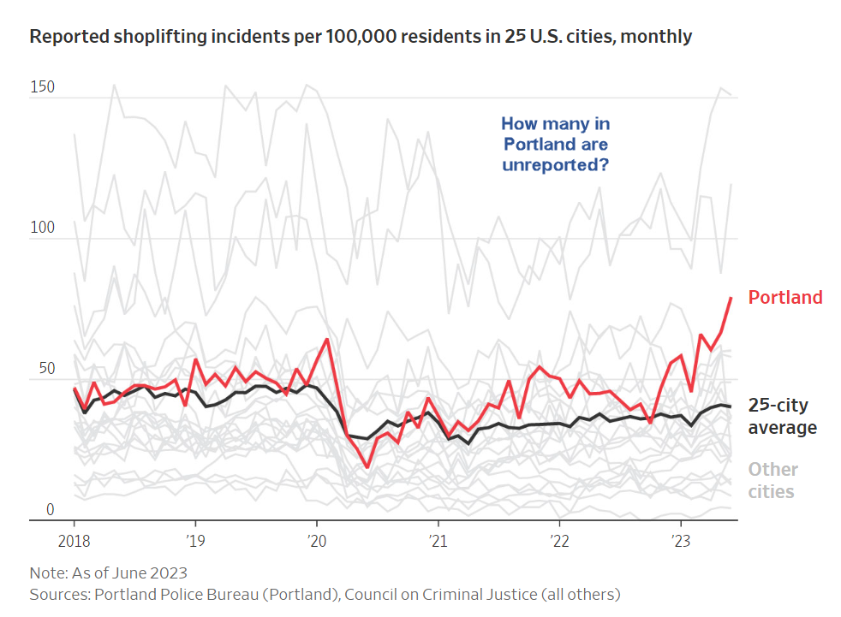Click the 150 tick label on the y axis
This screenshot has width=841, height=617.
tap(41, 87)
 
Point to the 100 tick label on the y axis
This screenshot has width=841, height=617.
tap(41, 228)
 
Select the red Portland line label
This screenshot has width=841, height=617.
tap(784, 298)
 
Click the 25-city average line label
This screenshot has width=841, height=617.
tap(782, 416)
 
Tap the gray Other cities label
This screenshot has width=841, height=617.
tap(772, 480)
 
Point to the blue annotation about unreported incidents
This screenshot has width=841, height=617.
tap(555, 144)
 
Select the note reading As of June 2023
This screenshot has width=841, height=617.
tap(108, 573)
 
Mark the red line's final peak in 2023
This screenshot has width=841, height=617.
tap(731, 298)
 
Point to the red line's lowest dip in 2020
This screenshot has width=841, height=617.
tap(367, 466)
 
